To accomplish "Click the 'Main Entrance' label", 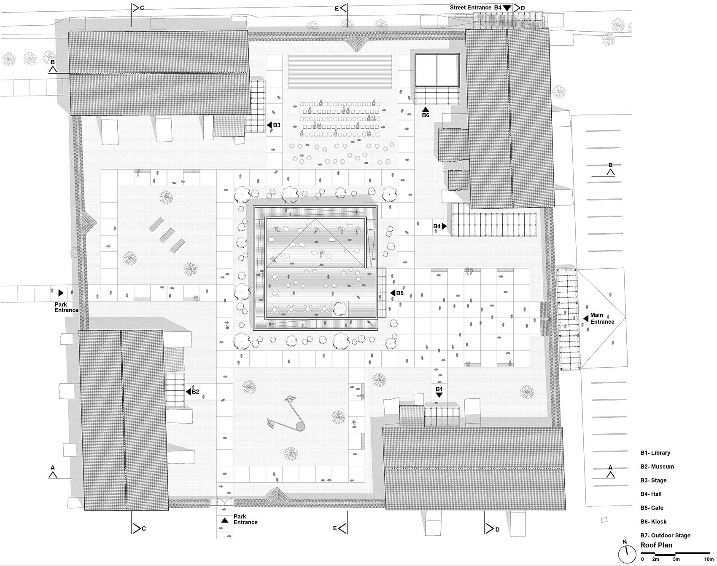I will pos(602,318).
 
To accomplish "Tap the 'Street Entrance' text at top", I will pos(470,8).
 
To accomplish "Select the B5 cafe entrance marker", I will pos(397,293).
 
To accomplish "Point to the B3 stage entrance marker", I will pos(274,125).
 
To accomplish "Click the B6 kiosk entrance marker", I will pos(426,112).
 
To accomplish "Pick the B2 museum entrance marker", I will pos(193,391).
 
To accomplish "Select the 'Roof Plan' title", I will pos(656,545).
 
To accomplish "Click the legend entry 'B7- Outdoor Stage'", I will pos(665,535).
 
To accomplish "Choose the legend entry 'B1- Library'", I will pos(655,453).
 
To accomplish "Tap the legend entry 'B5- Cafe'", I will pos(652,507).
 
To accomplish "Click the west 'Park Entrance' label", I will pos(66,307).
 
